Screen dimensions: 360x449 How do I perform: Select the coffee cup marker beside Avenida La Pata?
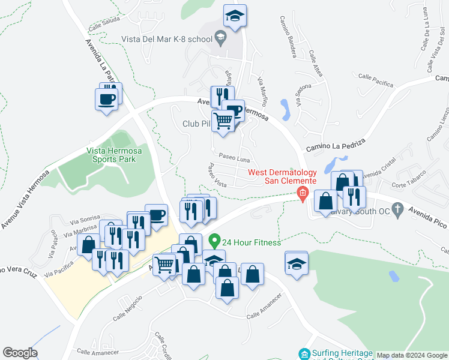click(x=107, y=99)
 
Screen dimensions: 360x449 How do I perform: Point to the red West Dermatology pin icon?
click(x=303, y=193)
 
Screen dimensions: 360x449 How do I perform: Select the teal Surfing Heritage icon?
click(x=305, y=354)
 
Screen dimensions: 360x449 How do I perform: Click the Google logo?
click(x=20, y=353)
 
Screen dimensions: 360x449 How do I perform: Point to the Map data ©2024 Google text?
click(x=412, y=355)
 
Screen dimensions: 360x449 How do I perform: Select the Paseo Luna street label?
click(x=234, y=159)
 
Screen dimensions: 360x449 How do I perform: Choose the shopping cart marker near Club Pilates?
click(x=223, y=121)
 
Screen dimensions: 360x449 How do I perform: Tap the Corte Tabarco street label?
click(x=408, y=173)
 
